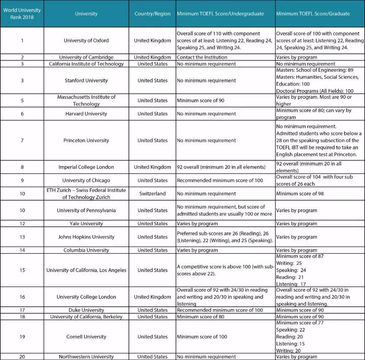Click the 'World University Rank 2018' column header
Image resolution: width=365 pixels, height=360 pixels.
coord(21,14)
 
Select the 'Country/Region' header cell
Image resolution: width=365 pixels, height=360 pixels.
coord(153,14)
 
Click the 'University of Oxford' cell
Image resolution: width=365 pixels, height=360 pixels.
coord(86,41)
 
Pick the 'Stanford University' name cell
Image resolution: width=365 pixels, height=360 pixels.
coord(86,81)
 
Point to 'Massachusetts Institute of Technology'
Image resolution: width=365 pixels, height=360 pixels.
coord(86,100)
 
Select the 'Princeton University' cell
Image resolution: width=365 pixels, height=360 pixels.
coord(86,140)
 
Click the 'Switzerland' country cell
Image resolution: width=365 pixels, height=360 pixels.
coord(153,193)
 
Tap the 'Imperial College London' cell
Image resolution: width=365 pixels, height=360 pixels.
coord(86,167)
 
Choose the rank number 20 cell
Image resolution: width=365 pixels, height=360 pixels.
coord(22,356)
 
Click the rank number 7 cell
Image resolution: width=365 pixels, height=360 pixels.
coord(22,140)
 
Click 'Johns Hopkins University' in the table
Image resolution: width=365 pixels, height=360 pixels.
coord(86,236)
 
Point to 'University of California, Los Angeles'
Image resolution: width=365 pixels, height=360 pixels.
coord(86,270)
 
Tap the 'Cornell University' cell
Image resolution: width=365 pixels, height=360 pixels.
coord(86,337)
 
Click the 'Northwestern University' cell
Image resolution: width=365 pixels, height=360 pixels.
coord(86,356)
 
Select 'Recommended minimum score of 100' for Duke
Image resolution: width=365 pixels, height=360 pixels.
coord(220,310)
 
